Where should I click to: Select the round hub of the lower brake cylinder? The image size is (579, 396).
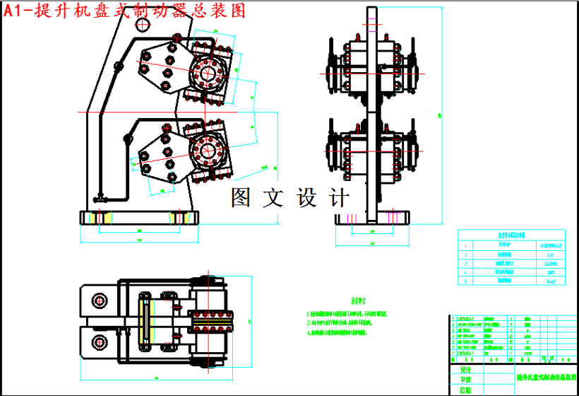coord(208,150)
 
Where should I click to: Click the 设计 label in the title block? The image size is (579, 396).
coord(465,370)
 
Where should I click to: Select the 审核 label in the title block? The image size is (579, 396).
coord(465,380)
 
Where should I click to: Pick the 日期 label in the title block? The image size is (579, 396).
coord(465,390)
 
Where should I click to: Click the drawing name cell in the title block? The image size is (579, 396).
coord(547,378)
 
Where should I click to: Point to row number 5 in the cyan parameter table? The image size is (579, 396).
coord(466,281)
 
